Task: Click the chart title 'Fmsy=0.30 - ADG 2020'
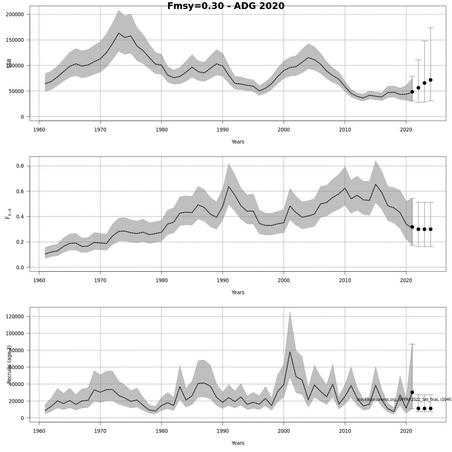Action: [x=226, y=6]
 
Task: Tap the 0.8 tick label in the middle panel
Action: [x=20, y=166]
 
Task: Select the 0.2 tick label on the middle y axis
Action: [x=20, y=242]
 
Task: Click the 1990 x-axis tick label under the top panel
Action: [x=223, y=130]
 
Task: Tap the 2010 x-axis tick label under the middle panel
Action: [x=345, y=280]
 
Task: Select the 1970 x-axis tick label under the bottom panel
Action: [x=100, y=431]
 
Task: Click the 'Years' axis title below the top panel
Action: [x=238, y=142]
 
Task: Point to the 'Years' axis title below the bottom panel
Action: [x=238, y=443]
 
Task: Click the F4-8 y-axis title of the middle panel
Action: [x=8, y=214]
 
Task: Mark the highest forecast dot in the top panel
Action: [x=431, y=80]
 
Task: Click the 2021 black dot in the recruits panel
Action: [x=412, y=392]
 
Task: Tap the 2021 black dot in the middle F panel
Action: [x=412, y=227]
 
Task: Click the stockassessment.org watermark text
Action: [x=403, y=399]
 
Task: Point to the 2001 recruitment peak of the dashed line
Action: [x=290, y=352]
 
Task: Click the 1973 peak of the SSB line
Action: [x=118, y=33]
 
